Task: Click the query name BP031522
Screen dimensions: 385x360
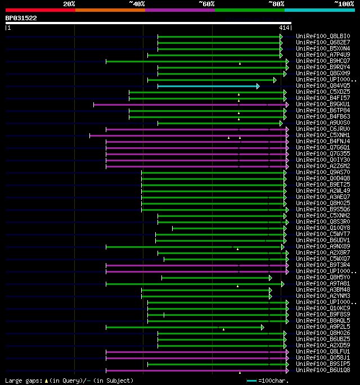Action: point(21,18)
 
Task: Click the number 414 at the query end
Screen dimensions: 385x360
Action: point(283,28)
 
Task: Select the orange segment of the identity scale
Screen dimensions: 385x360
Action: point(110,10)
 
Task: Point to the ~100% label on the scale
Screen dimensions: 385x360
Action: point(344,3)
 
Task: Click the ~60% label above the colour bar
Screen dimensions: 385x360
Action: point(206,3)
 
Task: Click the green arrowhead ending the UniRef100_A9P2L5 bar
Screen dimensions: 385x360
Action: point(262,327)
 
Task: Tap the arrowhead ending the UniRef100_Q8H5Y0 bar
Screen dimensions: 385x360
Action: point(270,278)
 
